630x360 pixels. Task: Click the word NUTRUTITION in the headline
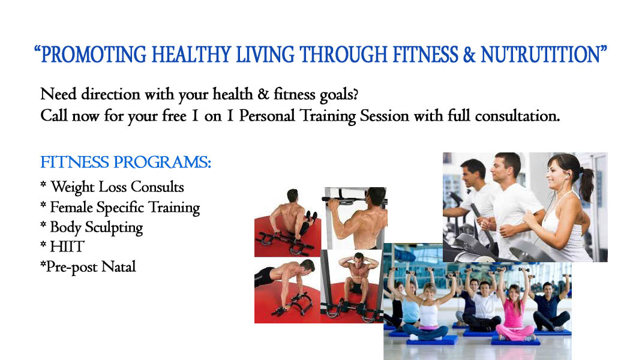[x=540, y=55]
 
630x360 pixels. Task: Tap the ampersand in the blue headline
[x=469, y=55]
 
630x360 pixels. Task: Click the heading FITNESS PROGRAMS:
[x=125, y=163]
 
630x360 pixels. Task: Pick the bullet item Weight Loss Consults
[x=112, y=187]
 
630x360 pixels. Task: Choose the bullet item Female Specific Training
[x=120, y=208]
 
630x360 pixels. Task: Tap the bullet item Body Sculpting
[x=92, y=227]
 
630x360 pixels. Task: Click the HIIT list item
[x=62, y=246]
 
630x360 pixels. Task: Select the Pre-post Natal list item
[x=88, y=267]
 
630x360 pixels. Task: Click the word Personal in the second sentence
[x=267, y=116]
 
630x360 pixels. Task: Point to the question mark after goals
[x=354, y=94]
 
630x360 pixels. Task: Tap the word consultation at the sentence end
[x=517, y=116]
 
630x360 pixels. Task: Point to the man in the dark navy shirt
[x=550, y=305]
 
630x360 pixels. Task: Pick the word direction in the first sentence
[x=111, y=94]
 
